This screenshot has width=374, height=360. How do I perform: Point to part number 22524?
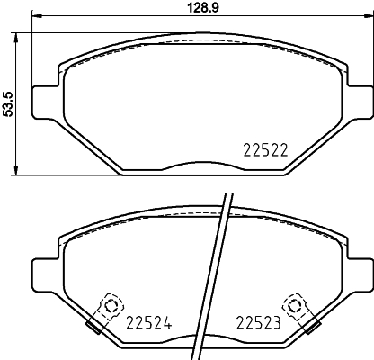pyautogui.click(x=148, y=321)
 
